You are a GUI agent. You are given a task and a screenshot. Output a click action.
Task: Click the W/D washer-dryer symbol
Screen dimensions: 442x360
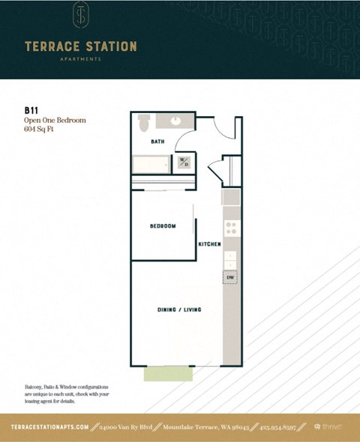184,162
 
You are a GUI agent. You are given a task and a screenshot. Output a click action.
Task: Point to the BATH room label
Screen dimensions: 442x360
157,141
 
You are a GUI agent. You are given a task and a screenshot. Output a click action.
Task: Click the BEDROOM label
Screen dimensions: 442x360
162,226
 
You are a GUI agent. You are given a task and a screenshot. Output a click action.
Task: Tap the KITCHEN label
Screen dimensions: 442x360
208,245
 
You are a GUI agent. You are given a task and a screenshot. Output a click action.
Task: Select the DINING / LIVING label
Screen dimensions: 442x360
178,309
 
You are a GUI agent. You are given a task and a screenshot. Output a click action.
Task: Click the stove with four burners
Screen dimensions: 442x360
231,228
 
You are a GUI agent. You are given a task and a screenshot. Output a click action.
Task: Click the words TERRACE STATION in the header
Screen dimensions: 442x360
80,46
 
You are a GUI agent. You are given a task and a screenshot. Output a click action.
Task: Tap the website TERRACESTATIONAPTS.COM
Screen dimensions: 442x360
51,426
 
